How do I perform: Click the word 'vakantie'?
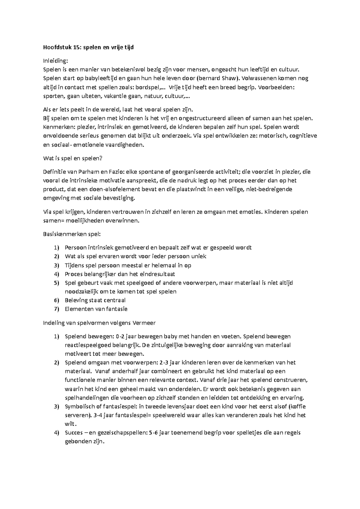point(119,96)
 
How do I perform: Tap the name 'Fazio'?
point(115,172)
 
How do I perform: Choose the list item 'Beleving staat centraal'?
point(95,300)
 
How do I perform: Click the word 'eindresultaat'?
point(159,274)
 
